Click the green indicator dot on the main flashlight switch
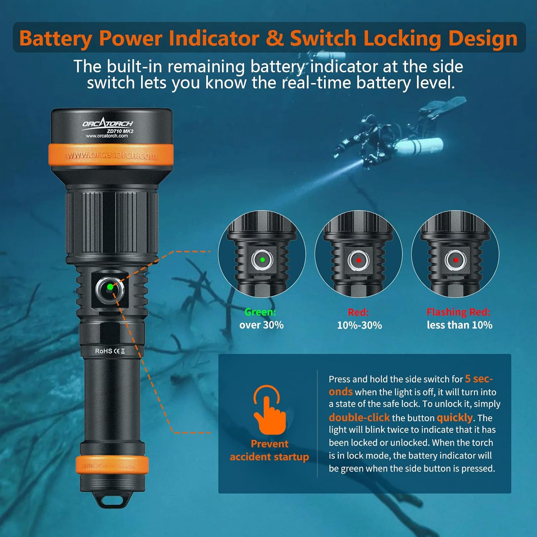click(x=110, y=287)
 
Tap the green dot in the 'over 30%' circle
click(x=262, y=260)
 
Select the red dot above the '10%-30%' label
click(x=359, y=260)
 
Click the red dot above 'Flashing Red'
click(x=456, y=260)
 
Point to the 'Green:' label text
click(x=260, y=312)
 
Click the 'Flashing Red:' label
click(x=458, y=312)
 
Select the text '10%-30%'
click(x=359, y=325)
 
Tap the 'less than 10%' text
click(x=459, y=325)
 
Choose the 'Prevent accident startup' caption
click(x=269, y=450)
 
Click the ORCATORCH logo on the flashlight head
click(x=107, y=124)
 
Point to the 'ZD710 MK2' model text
click(x=120, y=131)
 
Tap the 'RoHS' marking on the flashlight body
click(x=103, y=351)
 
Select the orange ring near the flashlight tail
click(x=112, y=465)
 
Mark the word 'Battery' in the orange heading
click(x=56, y=39)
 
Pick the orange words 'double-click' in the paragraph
click(x=359, y=418)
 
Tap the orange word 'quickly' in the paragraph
click(x=455, y=418)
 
